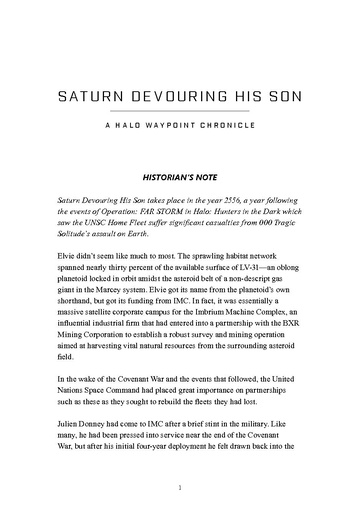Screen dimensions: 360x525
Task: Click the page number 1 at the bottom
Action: [x=180, y=490]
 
